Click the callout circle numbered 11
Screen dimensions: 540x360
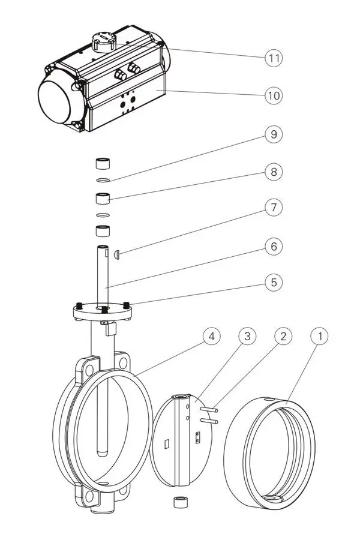[274, 58]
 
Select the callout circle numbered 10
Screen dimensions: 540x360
[274, 95]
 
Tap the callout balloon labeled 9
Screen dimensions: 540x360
[274, 134]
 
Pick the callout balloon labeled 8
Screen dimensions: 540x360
[274, 172]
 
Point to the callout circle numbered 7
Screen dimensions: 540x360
[274, 208]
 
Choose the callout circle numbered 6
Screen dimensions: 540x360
[274, 247]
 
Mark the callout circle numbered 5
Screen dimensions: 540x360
[274, 281]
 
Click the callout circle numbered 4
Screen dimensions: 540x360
[210, 337]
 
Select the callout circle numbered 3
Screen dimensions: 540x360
[247, 337]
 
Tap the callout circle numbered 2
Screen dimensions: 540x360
[283, 337]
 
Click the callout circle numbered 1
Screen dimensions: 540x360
[320, 337]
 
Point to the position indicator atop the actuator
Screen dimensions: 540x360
[103, 41]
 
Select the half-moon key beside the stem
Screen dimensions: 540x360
[117, 254]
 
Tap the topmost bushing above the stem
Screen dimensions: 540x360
[103, 164]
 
